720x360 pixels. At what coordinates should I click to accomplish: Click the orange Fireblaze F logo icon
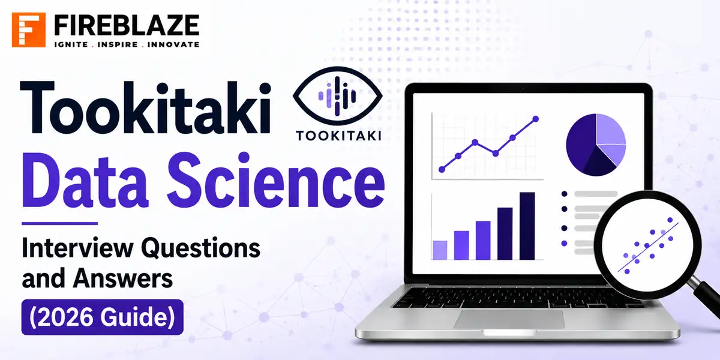[29, 30]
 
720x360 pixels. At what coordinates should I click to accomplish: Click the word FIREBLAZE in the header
[127, 26]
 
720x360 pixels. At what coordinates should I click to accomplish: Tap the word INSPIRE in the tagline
[118, 44]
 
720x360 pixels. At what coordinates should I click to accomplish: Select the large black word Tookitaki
[146, 107]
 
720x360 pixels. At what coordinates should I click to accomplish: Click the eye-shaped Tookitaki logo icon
[337, 96]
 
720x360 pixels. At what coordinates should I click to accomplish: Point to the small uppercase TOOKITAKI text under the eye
[339, 136]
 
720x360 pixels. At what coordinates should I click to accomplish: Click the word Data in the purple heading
[85, 182]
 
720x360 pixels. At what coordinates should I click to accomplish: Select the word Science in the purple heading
[276, 181]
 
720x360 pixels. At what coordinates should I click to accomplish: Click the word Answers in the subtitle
[123, 278]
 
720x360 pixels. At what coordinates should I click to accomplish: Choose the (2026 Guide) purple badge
[103, 317]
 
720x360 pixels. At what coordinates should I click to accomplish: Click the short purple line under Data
[60, 223]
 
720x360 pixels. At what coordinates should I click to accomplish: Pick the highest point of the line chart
[535, 119]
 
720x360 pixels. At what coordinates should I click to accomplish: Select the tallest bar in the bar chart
[527, 226]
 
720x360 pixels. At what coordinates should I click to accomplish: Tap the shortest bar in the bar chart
[440, 250]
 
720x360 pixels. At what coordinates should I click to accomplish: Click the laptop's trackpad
[509, 319]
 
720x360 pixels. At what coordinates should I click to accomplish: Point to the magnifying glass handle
[707, 298]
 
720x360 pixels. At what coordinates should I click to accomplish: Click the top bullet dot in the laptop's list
[564, 194]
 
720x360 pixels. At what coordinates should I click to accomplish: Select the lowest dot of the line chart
[442, 169]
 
